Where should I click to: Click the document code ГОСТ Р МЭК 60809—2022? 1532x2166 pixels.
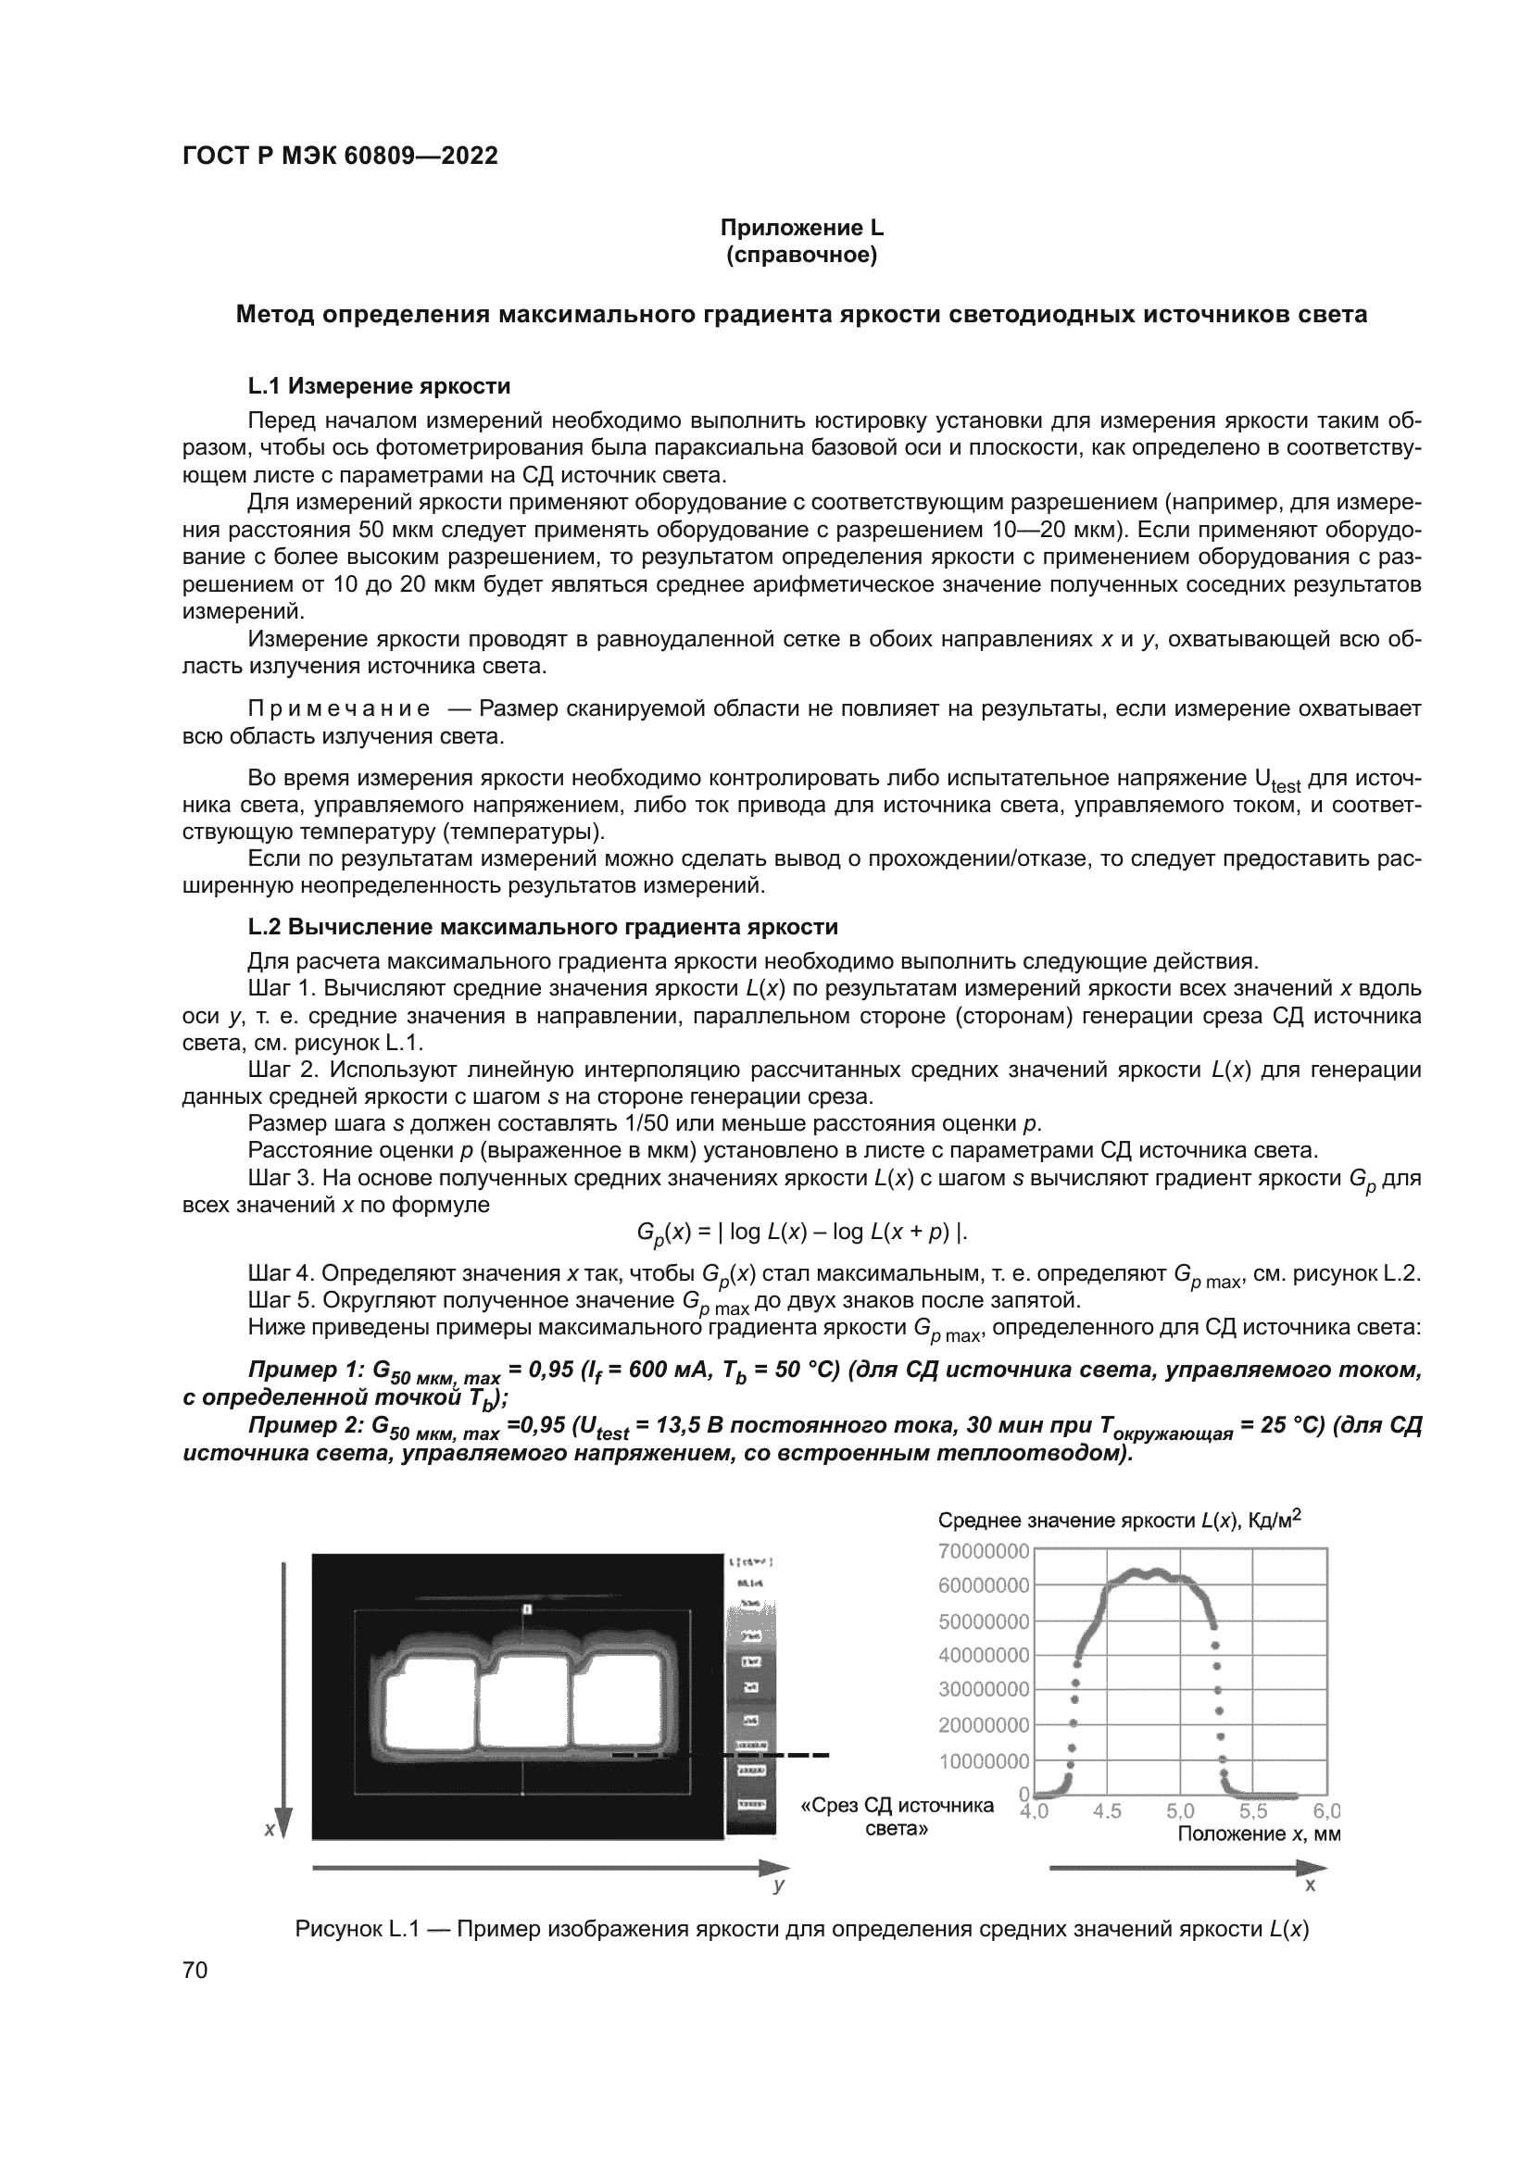click(340, 156)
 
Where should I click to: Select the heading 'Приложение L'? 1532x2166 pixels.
click(801, 228)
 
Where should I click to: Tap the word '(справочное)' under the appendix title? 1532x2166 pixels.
click(801, 256)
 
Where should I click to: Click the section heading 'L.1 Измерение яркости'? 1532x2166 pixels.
click(378, 386)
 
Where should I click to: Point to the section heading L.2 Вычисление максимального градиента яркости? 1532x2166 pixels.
click(543, 926)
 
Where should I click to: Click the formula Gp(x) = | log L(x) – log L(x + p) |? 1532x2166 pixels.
click(802, 1232)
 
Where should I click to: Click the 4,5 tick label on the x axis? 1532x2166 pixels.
click(1107, 1811)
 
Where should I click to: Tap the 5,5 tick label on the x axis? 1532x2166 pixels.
click(1253, 1811)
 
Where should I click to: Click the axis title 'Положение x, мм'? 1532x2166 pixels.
click(1259, 1834)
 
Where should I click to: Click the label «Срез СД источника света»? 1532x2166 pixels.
click(897, 1817)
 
